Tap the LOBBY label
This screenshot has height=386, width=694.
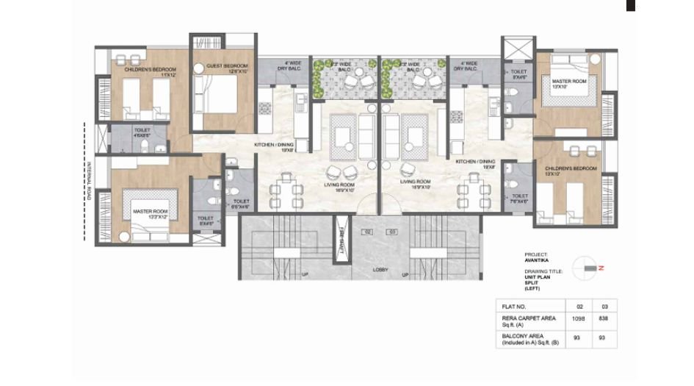click(380, 270)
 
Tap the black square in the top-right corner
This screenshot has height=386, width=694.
click(629, 5)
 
